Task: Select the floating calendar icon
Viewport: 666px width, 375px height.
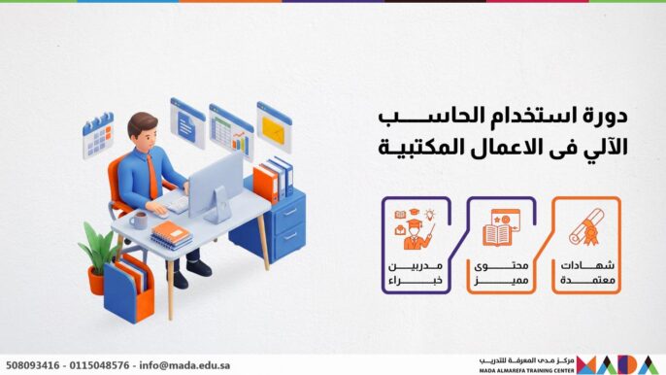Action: [x=98, y=135]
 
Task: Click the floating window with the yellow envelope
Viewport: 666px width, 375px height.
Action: [x=274, y=127]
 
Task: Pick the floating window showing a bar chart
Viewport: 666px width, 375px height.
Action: [x=231, y=131]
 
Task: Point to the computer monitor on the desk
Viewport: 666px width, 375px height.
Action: [x=216, y=184]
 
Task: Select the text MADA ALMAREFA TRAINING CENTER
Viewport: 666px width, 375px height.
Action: [x=526, y=370]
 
